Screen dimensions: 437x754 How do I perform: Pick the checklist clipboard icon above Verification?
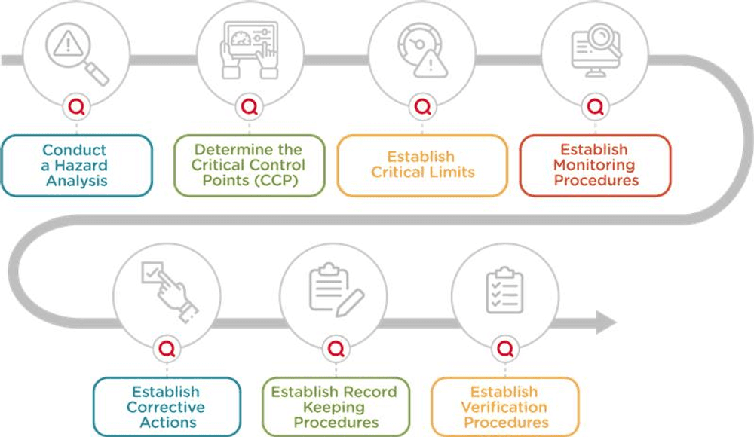tap(504, 289)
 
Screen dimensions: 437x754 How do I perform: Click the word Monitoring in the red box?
tap(594, 165)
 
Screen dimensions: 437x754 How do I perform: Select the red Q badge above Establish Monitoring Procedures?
tap(595, 106)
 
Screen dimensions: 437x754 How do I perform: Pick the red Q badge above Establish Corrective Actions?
tap(167, 349)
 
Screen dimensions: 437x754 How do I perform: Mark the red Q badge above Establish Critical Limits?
tap(422, 107)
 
